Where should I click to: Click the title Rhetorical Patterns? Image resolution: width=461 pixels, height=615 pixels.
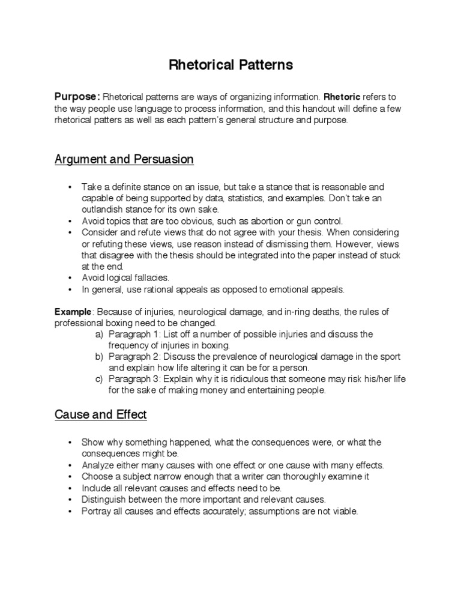[230, 65]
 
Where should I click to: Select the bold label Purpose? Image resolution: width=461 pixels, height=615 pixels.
[77, 97]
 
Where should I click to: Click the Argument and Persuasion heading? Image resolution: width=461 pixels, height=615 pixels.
[124, 160]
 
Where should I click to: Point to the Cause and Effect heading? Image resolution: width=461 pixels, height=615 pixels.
[101, 414]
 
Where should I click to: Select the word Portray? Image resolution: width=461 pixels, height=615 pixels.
[95, 511]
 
